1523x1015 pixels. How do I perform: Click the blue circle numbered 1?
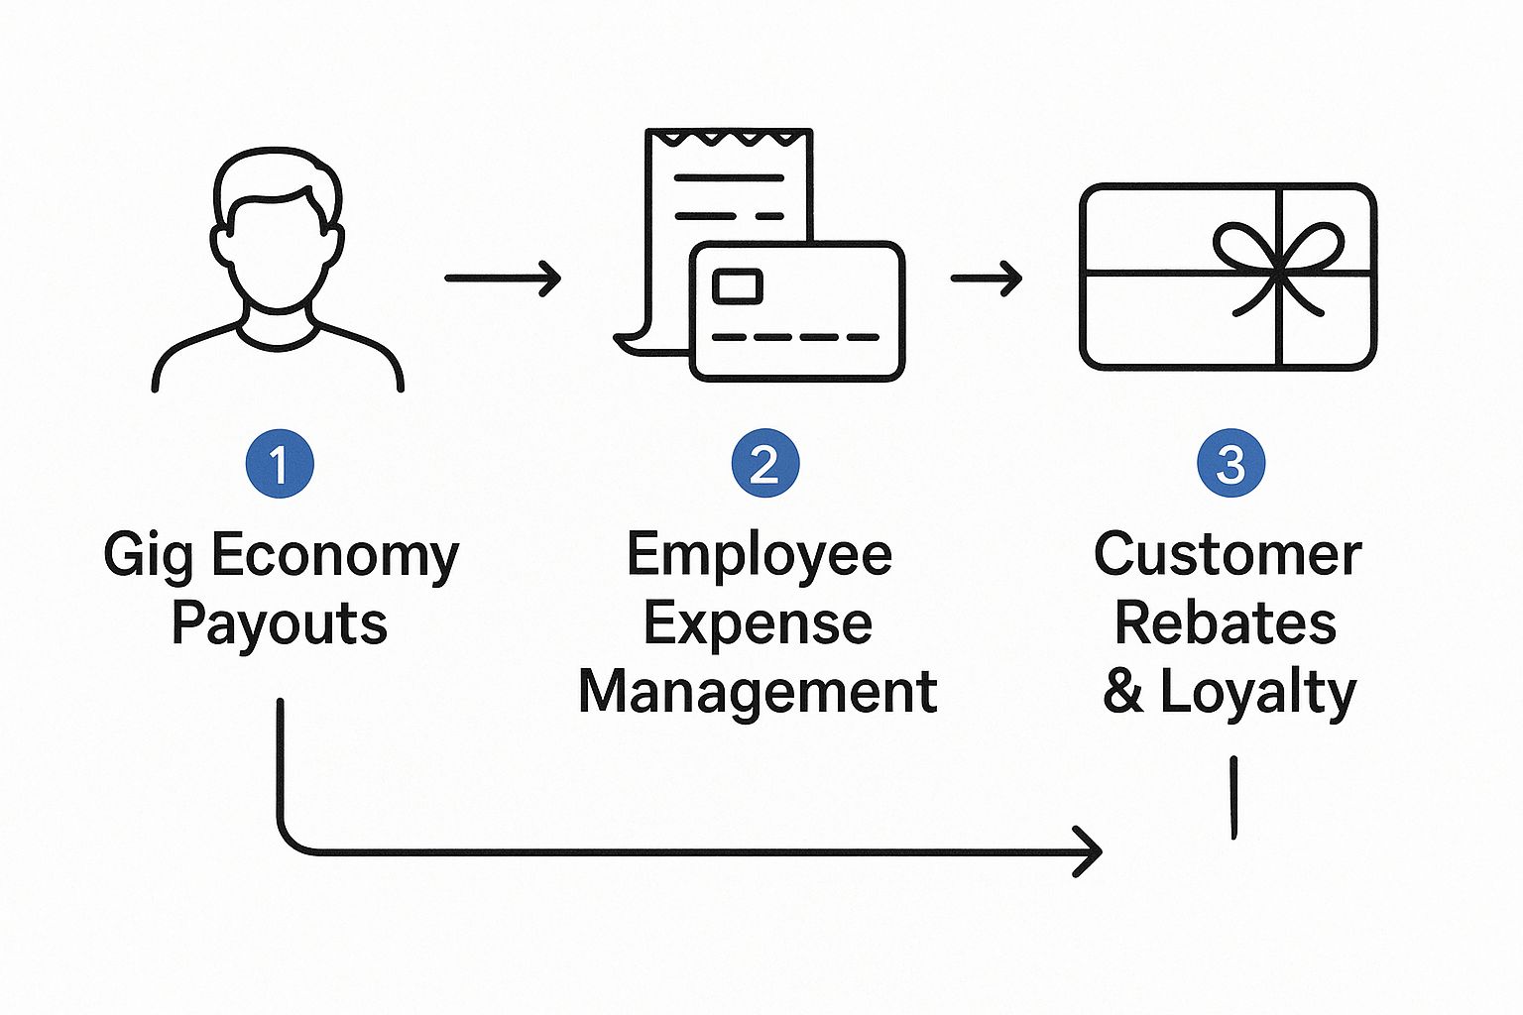click(280, 464)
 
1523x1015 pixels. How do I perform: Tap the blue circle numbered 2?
click(764, 464)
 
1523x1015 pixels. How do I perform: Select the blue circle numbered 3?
click(1230, 464)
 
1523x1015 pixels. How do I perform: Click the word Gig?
click(148, 555)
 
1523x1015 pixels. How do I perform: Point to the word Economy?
click(335, 555)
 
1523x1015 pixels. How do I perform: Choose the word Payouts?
click(280, 624)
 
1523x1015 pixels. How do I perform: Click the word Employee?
click(760, 555)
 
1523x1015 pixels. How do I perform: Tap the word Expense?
click(759, 623)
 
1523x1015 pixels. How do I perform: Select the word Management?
click(759, 692)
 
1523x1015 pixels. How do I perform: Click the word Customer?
click(1228, 555)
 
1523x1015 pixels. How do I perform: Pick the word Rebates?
click(1226, 623)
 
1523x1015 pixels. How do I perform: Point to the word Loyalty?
click(1258, 692)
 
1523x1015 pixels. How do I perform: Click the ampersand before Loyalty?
click(1123, 692)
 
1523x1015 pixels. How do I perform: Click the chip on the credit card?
click(738, 286)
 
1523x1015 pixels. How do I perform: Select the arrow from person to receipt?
click(503, 279)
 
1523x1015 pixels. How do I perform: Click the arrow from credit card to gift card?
click(987, 279)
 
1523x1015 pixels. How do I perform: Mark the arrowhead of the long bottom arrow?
click(1090, 851)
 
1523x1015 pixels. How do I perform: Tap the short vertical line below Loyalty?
click(1233, 798)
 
